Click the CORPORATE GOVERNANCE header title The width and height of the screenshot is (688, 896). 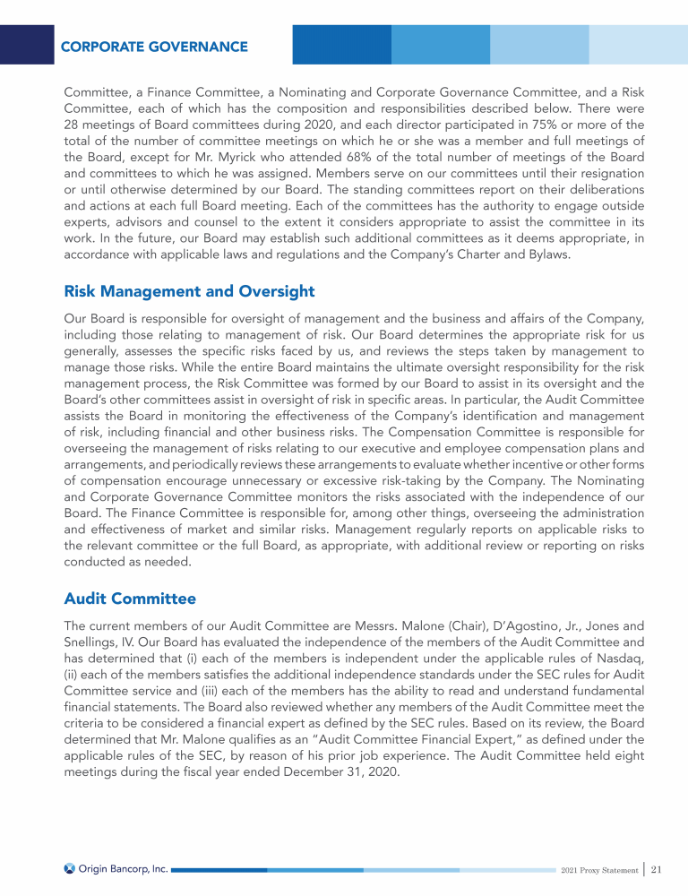pos(154,46)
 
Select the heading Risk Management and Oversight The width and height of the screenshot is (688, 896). pos(189,291)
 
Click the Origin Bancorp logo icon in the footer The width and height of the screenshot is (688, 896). pos(70,868)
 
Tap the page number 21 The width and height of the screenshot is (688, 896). pos(656,869)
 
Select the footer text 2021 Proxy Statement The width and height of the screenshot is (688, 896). pos(599,870)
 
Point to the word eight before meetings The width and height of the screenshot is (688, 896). pos(605,745)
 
